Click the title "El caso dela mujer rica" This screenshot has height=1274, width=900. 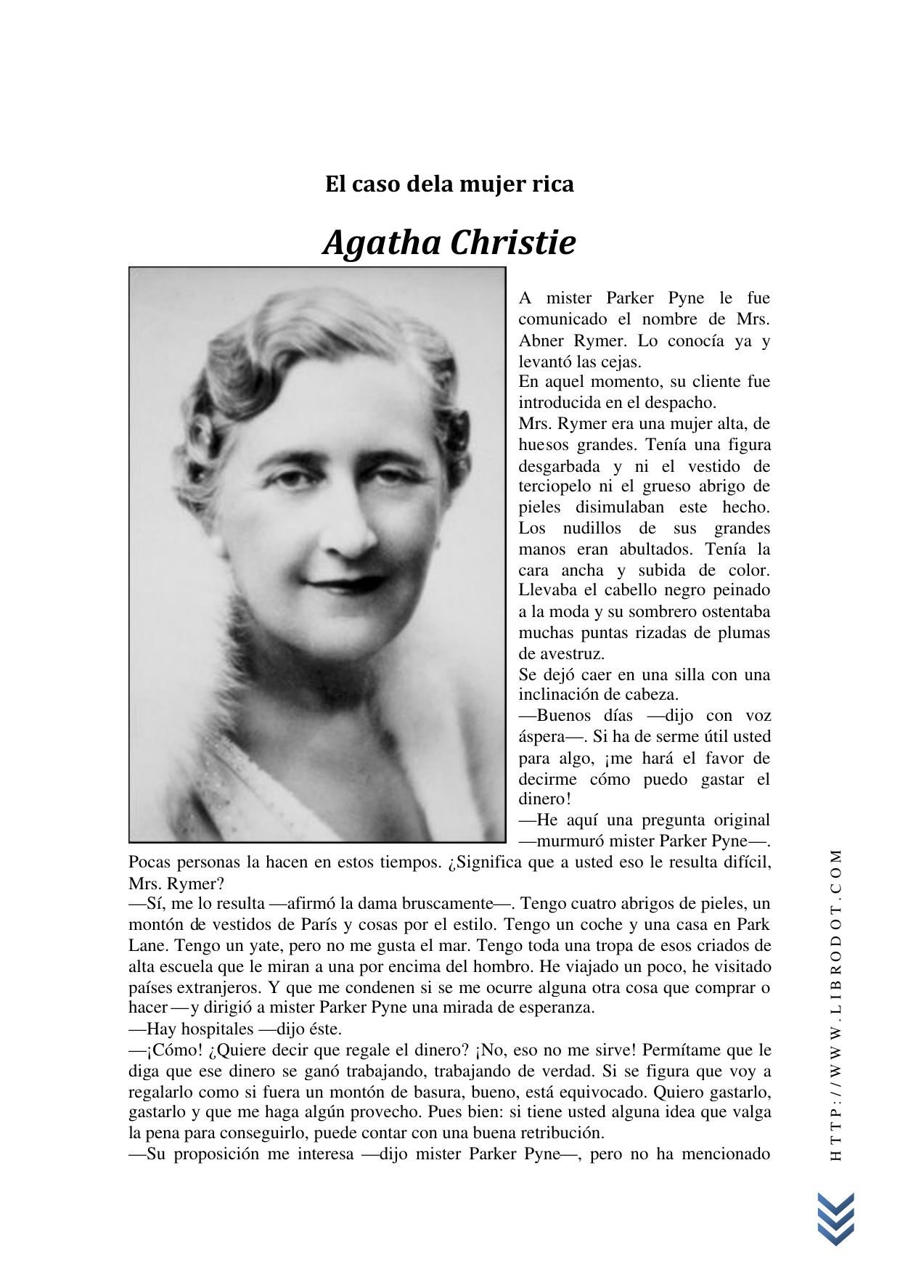(449, 184)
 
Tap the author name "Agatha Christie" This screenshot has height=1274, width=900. (449, 242)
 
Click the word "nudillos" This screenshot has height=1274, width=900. (588, 528)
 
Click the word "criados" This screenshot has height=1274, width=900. (727, 945)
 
